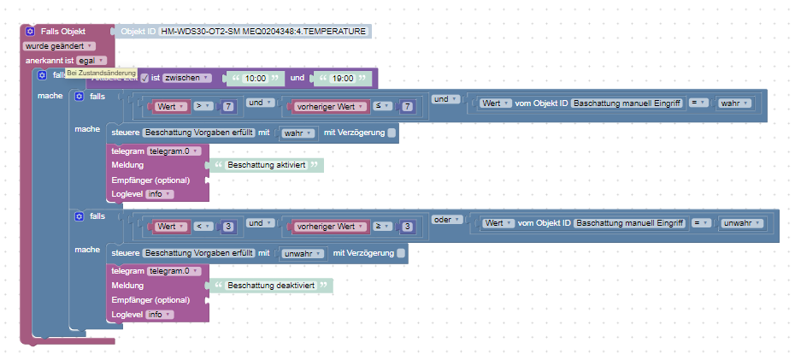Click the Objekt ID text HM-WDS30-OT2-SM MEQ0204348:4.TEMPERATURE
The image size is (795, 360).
[262, 32]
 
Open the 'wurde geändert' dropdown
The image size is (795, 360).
[59, 46]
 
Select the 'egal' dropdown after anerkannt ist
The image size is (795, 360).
[91, 61]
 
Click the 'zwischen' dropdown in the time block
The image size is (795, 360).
[186, 78]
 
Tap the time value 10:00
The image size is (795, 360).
[255, 79]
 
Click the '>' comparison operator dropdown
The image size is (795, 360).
[203, 107]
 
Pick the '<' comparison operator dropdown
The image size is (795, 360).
[203, 227]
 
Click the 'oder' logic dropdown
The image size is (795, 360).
[445, 220]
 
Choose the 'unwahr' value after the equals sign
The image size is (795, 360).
[742, 222]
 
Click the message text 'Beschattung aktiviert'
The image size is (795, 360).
[267, 165]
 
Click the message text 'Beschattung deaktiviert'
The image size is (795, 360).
[271, 286]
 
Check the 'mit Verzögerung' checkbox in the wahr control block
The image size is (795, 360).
[392, 133]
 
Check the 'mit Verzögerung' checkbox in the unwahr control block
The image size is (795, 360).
[401, 253]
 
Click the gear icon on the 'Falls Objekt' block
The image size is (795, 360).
[30, 32]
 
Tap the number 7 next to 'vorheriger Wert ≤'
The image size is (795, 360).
[408, 107]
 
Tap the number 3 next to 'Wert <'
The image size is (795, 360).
[228, 227]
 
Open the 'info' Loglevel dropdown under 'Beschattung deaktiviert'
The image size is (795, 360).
[159, 315]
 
